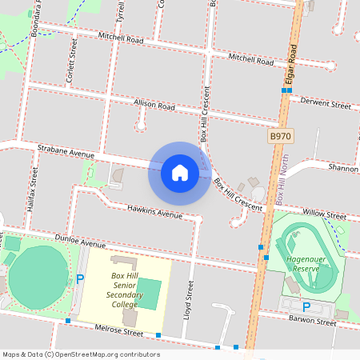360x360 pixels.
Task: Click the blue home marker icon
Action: point(179,173)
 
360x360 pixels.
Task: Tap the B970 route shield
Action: point(279,137)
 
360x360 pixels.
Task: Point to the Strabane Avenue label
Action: point(66,150)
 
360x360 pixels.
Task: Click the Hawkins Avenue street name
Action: point(155,212)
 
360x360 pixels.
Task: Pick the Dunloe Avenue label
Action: point(79,242)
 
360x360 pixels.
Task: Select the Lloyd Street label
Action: point(190,298)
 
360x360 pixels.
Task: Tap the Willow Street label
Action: point(324,215)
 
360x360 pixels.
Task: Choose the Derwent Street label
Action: point(325,105)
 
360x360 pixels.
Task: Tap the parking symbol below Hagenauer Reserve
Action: point(306,307)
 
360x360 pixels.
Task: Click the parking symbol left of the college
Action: point(79,278)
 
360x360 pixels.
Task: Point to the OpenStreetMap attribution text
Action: point(82,354)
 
